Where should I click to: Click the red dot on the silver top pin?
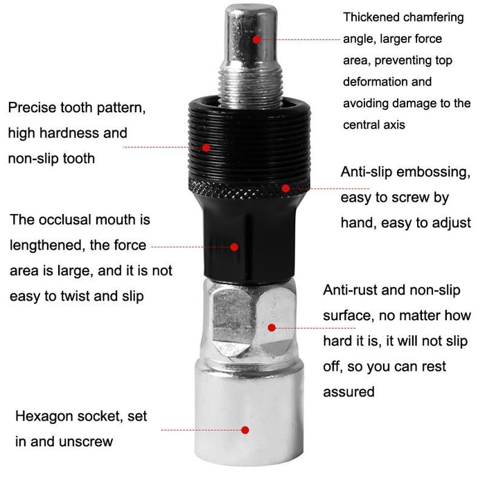(256, 39)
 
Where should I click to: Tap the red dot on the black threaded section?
(206, 147)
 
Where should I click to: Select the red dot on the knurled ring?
(285, 187)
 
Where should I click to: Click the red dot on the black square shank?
(235, 246)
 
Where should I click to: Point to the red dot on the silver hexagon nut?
(272, 327)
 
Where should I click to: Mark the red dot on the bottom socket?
(245, 430)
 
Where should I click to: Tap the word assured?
(349, 391)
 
